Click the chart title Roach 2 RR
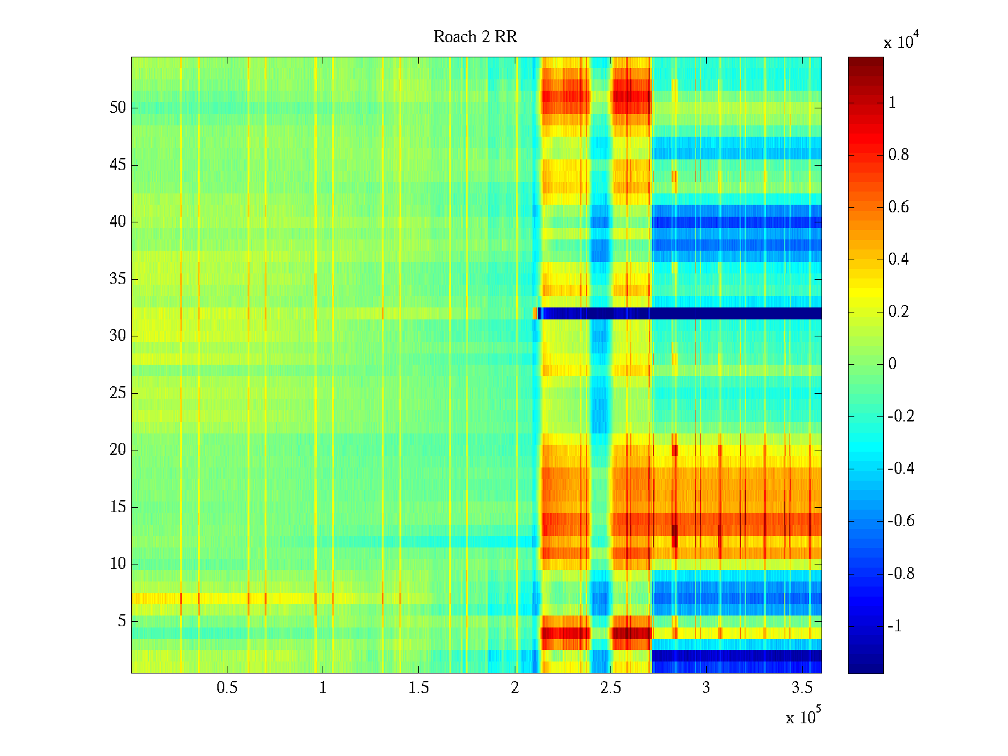[475, 37]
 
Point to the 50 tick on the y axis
[118, 108]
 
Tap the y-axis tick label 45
[118, 165]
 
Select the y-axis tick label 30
[118, 336]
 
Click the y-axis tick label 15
[118, 507]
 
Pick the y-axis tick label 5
[122, 621]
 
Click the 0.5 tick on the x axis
[227, 688]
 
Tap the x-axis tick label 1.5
[418, 688]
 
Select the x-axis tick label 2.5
[610, 688]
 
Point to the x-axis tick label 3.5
[802, 688]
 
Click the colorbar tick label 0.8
[898, 155]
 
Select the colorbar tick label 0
[892, 364]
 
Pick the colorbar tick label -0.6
[900, 521]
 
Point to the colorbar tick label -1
[895, 626]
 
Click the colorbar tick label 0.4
[898, 260]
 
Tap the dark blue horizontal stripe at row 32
[680, 313]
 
